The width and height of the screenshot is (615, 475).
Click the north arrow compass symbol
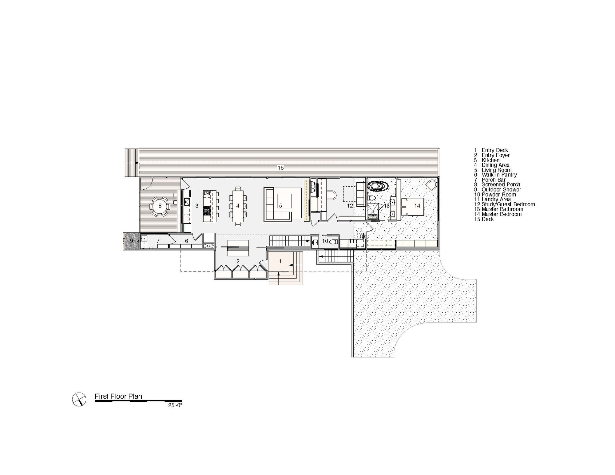tap(79, 400)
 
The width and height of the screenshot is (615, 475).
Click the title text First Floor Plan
tap(118, 396)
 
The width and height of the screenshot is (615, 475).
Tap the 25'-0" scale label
tap(175, 405)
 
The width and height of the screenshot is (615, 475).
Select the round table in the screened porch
tap(160, 206)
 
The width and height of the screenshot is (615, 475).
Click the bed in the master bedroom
tap(413, 206)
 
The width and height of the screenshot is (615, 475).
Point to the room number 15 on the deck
tap(280, 168)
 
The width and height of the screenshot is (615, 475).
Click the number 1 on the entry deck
tap(280, 261)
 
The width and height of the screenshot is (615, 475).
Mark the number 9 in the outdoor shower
tap(131, 241)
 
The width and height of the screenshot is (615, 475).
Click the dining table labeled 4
tap(238, 206)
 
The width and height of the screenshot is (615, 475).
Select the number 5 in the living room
tap(280, 206)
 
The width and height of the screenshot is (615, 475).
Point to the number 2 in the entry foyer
tap(238, 261)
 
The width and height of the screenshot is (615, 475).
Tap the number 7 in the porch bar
tap(158, 241)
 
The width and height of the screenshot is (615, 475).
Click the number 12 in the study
tap(350, 206)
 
